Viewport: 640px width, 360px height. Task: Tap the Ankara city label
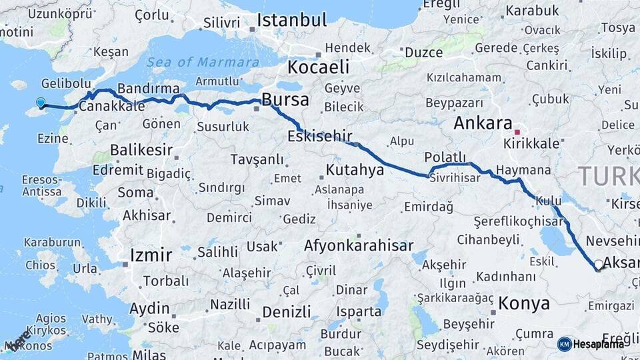[x=482, y=123]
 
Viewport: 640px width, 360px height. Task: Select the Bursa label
[x=285, y=101]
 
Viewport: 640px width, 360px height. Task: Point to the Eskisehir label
[x=319, y=137]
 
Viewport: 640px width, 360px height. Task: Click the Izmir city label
[x=151, y=255]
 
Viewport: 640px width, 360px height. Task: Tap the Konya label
[x=525, y=304]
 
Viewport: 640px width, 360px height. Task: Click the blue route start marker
[x=41, y=103]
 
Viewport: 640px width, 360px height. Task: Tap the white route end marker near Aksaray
[x=599, y=265]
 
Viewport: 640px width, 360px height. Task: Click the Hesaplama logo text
[x=599, y=344]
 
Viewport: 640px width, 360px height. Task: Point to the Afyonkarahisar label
[x=359, y=246]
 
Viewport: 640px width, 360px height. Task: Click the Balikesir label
[x=141, y=149]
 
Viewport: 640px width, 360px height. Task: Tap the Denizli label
[x=287, y=312]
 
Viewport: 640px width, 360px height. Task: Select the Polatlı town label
[x=447, y=157]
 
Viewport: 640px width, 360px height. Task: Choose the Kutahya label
[x=355, y=170]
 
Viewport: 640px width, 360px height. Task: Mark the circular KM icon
[x=564, y=344]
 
